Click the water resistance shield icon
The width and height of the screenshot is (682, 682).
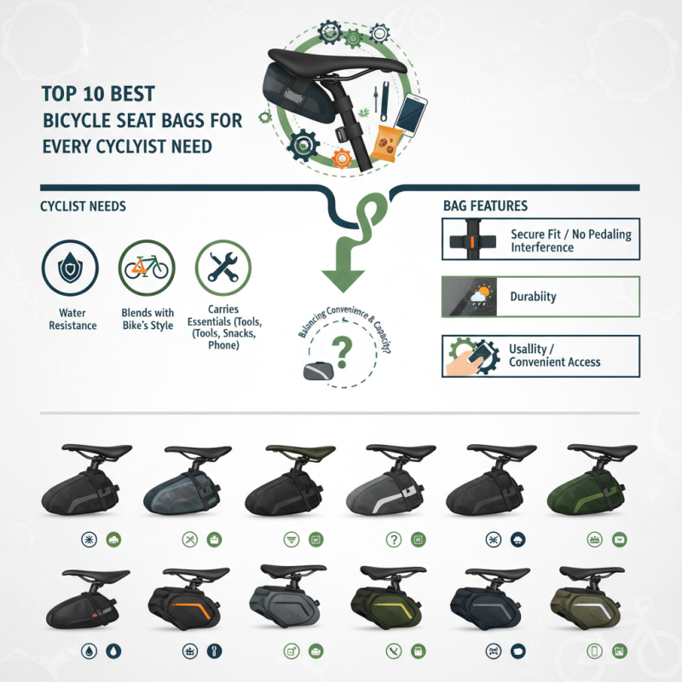tap(70, 269)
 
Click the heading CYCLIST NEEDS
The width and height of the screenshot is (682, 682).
tap(84, 207)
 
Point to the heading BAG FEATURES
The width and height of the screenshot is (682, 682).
tap(485, 206)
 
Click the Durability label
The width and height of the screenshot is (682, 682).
tap(533, 297)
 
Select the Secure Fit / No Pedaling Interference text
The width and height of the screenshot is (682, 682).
tap(570, 240)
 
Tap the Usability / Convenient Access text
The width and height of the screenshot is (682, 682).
tap(554, 355)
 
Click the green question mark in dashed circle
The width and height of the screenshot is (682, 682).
tap(344, 349)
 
